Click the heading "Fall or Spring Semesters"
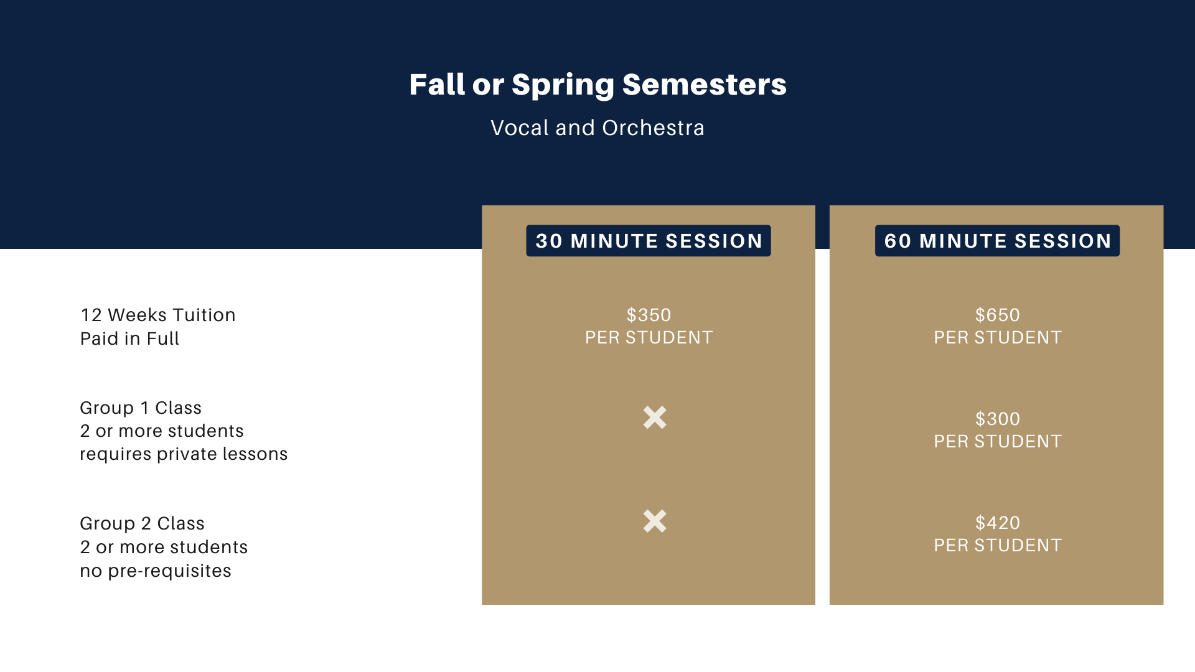pyautogui.click(x=597, y=85)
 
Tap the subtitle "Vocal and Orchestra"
pyautogui.click(x=597, y=128)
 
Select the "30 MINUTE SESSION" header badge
pyautogui.click(x=649, y=241)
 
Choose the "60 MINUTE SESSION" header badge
pyautogui.click(x=997, y=241)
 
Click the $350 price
pyautogui.click(x=649, y=315)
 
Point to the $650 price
pyautogui.click(x=998, y=315)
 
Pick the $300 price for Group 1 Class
pyautogui.click(x=998, y=419)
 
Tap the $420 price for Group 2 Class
pyautogui.click(x=998, y=523)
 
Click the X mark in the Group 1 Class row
pyautogui.click(x=655, y=418)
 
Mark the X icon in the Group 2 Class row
pyautogui.click(x=655, y=521)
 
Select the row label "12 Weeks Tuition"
pyautogui.click(x=158, y=315)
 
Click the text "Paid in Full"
pyautogui.click(x=129, y=338)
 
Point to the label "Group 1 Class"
pyautogui.click(x=141, y=408)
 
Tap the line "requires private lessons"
pyautogui.click(x=184, y=454)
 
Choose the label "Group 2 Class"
pyautogui.click(x=142, y=523)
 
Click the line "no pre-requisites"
pyautogui.click(x=156, y=571)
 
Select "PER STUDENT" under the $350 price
pyautogui.click(x=649, y=337)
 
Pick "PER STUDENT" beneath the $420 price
pyautogui.click(x=998, y=545)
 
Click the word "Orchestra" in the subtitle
pyautogui.click(x=654, y=128)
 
